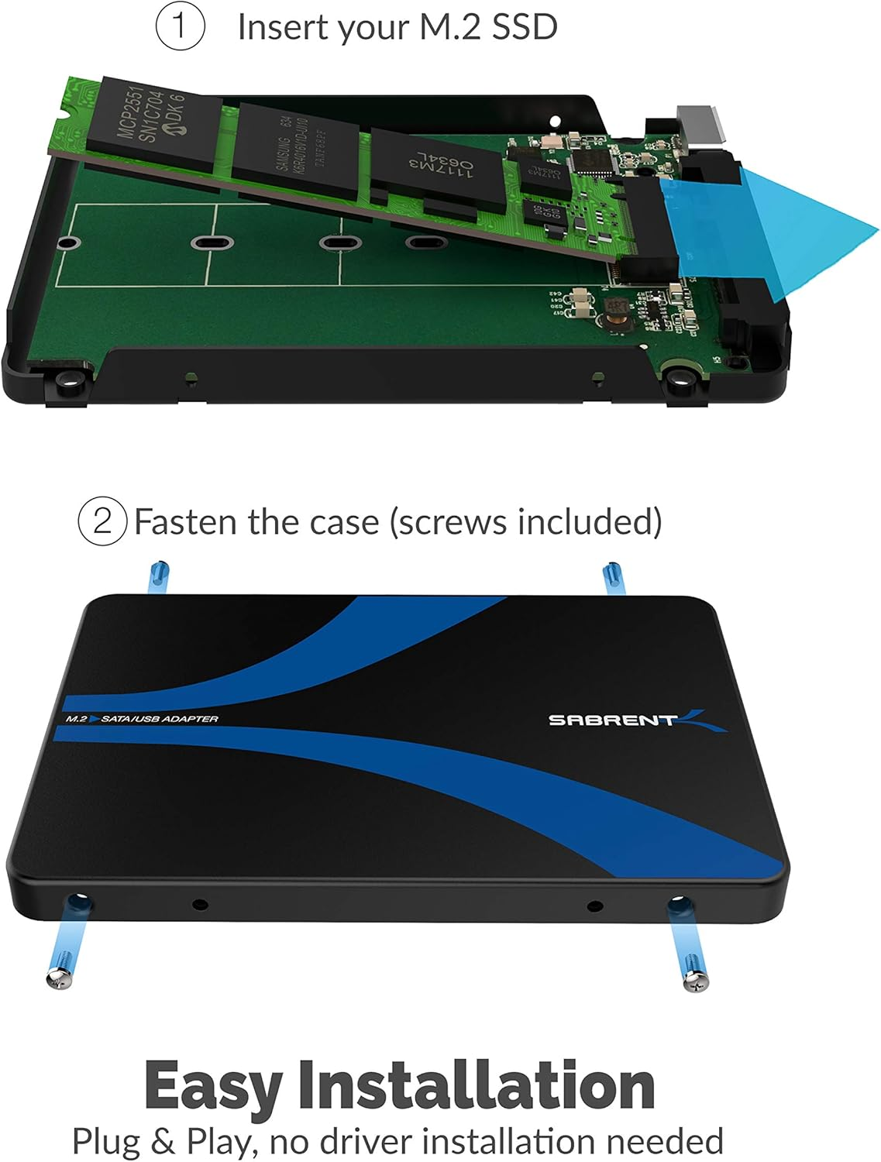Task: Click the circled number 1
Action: [x=180, y=26]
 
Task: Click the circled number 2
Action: [x=102, y=521]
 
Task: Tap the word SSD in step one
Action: [x=524, y=27]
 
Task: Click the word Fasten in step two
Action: [x=186, y=522]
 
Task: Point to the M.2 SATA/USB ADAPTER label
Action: [x=142, y=719]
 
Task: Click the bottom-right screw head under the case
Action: [x=696, y=982]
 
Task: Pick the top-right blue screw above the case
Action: [x=613, y=578]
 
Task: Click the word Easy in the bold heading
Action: [x=212, y=1087]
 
